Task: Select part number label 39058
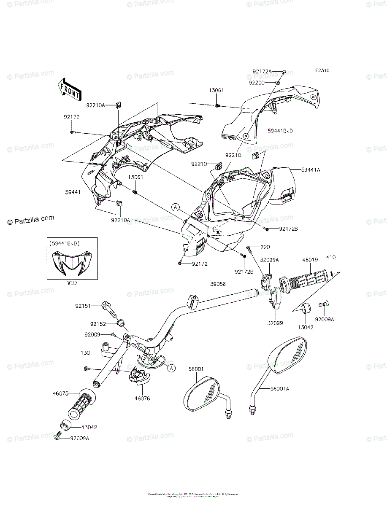point(218,284)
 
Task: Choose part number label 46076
point(143,398)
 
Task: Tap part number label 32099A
point(269,260)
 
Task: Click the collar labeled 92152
point(121,323)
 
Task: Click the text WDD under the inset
point(72,283)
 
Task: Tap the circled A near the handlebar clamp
point(171,368)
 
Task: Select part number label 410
point(330,257)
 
